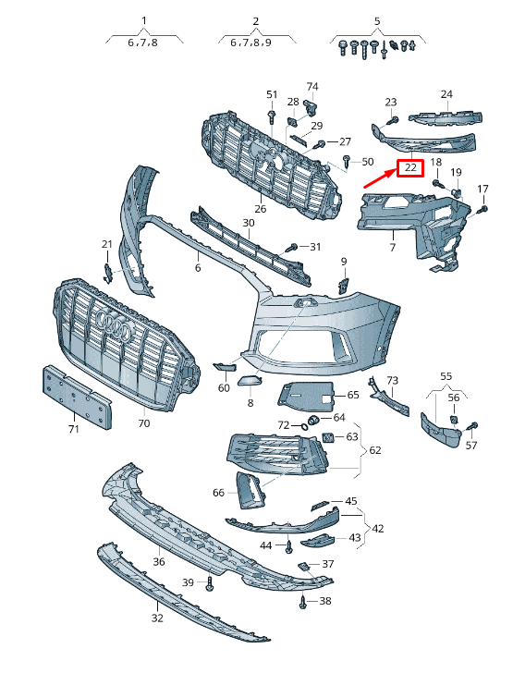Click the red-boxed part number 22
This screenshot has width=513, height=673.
tap(409, 169)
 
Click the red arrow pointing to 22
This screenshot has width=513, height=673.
tap(378, 178)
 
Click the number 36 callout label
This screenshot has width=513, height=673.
tap(158, 561)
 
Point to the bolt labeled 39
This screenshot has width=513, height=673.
tap(211, 583)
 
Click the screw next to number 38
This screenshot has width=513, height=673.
tap(303, 602)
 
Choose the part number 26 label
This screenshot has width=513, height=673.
tap(260, 210)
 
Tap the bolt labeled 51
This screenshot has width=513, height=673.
tap(272, 116)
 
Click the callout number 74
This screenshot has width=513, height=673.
tap(312, 87)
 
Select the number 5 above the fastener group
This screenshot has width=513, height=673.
tap(377, 20)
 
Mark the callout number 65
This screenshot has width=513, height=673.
tap(352, 395)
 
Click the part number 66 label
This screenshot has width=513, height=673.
tap(218, 493)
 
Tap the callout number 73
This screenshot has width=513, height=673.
tap(392, 380)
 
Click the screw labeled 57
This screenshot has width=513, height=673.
tap(473, 428)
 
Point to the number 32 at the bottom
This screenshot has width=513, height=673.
tap(157, 618)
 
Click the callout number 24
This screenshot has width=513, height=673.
tap(446, 94)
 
